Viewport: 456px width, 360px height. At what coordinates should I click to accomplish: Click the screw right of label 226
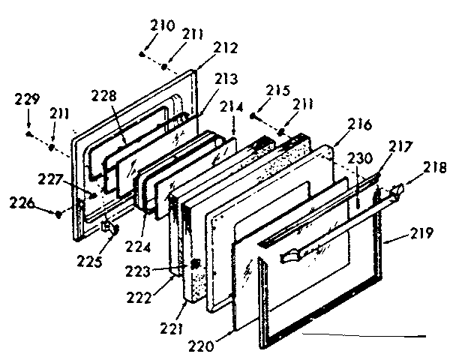point(58,214)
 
